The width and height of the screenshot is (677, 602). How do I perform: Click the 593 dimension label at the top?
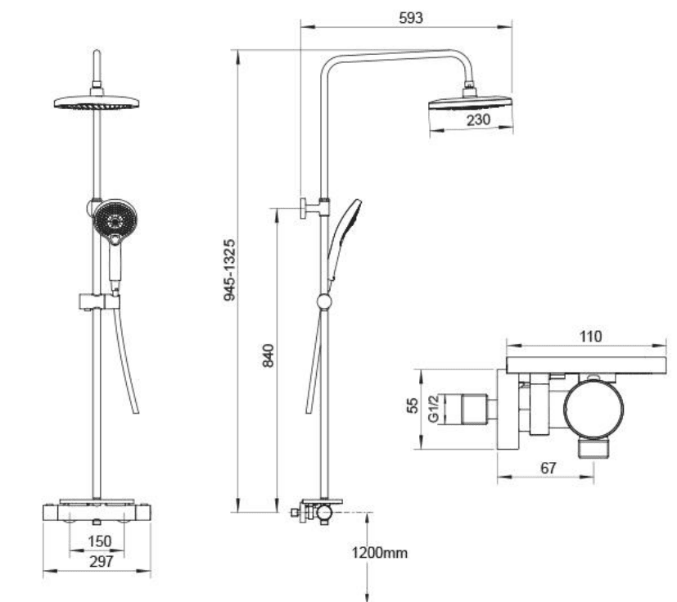pos(411,18)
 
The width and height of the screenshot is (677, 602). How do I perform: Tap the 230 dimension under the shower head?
pos(478,120)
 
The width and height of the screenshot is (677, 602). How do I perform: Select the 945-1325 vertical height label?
pos(230,270)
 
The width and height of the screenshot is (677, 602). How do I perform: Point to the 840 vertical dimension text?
pos(269,355)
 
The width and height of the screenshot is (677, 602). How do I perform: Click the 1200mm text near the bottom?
pos(380,553)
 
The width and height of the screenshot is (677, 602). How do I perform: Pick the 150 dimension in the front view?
pos(100,541)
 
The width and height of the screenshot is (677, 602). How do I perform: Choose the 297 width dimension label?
pos(102,561)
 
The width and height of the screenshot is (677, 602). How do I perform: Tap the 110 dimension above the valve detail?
pos(590,337)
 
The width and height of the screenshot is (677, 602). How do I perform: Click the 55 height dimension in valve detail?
pos(413,405)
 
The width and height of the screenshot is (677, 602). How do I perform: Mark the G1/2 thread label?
pos(434,408)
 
